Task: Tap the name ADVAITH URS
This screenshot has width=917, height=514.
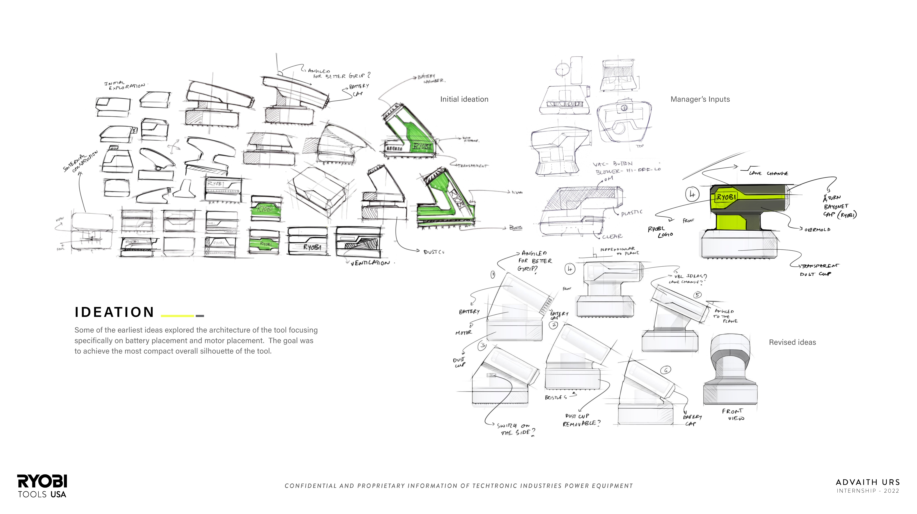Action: click(868, 482)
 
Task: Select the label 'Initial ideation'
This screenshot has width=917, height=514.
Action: click(464, 99)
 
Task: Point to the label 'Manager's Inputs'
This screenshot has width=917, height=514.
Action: click(700, 99)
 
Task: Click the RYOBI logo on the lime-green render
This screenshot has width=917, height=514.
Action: click(726, 197)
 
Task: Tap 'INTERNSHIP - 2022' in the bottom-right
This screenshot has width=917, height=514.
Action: click(868, 491)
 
